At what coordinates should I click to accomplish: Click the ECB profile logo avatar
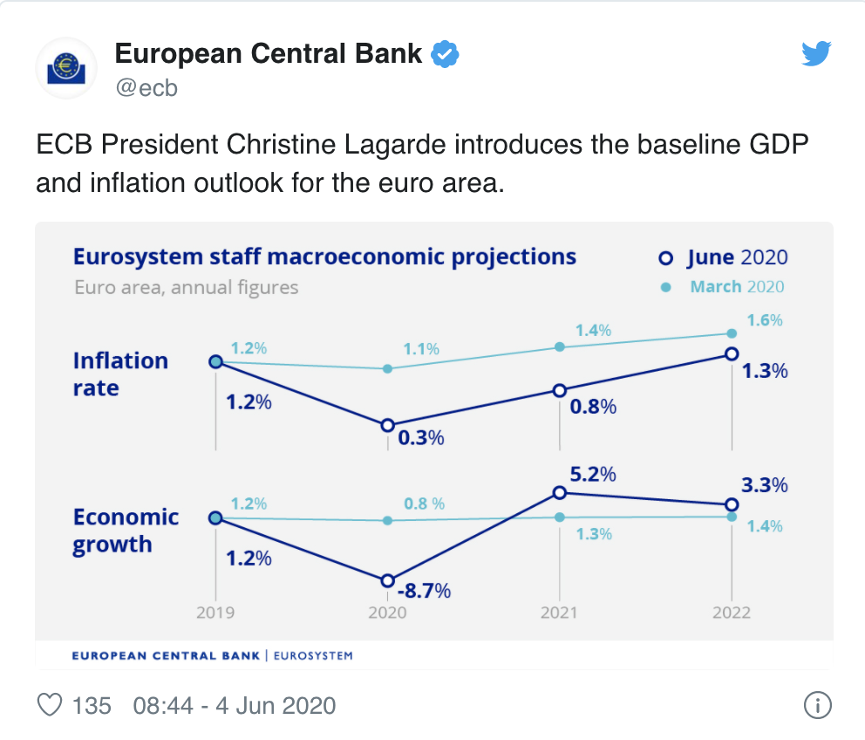click(65, 68)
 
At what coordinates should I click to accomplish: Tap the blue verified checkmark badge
click(446, 54)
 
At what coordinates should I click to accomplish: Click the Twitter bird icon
click(817, 54)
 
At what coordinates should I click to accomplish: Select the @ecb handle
click(146, 88)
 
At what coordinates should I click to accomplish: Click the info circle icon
click(816, 705)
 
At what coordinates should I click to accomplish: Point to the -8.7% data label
click(424, 591)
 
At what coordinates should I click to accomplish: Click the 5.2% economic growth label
click(594, 475)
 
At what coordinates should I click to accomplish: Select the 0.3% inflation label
click(421, 438)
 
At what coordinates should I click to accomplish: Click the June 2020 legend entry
click(725, 257)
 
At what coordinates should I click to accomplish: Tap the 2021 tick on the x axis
click(559, 613)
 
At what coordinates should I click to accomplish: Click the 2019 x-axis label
click(215, 613)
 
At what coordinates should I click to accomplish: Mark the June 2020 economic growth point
click(387, 581)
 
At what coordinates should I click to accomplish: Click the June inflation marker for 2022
click(732, 353)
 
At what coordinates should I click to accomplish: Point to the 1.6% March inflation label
click(766, 320)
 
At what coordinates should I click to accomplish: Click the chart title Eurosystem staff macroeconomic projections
click(324, 257)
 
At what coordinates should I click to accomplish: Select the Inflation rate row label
click(120, 374)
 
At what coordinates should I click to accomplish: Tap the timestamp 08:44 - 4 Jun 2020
click(234, 705)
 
